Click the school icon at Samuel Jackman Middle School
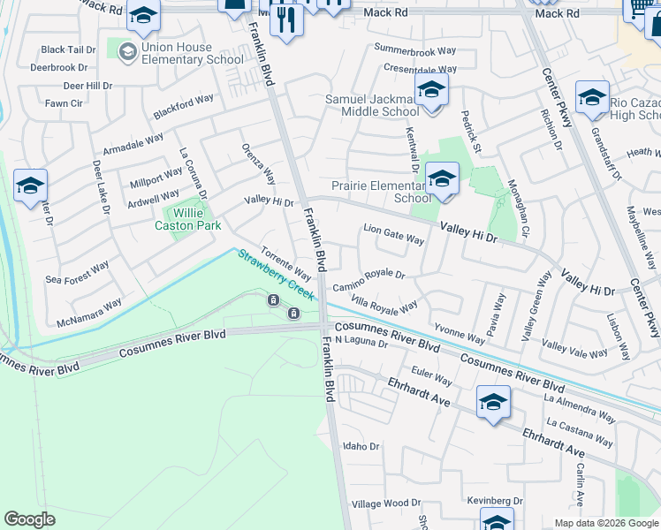(431, 90)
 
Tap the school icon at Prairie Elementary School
(442, 179)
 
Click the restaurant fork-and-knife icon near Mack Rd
(285, 19)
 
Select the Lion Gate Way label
(394, 235)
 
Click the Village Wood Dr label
(386, 503)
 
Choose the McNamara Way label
(89, 311)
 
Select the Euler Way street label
(432, 378)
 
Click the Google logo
(30, 519)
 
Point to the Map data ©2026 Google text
(604, 523)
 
